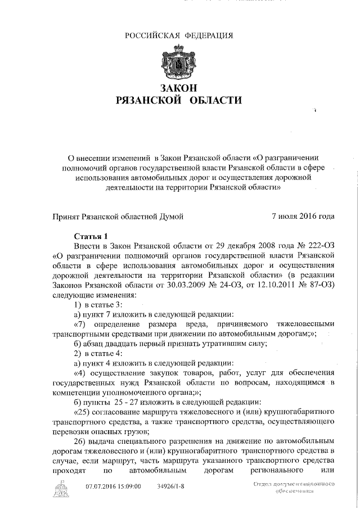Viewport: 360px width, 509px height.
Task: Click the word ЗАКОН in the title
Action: [x=180, y=88]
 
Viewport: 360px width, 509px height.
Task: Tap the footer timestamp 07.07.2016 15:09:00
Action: [x=113, y=487]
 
